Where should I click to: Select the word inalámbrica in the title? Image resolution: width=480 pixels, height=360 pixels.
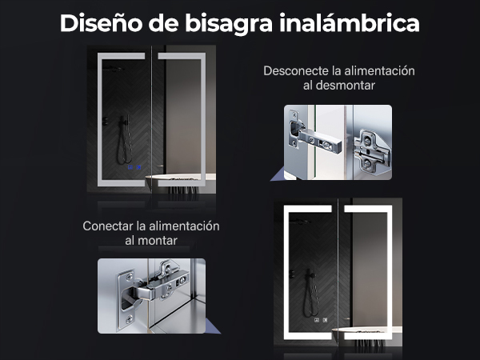[x=350, y=23]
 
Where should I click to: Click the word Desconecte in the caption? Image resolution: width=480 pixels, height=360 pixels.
[x=296, y=71]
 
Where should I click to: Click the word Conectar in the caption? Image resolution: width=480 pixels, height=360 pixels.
[x=107, y=226]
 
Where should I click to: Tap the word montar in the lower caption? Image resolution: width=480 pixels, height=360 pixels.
[x=158, y=241]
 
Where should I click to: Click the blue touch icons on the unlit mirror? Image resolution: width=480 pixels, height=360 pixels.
[x=134, y=167]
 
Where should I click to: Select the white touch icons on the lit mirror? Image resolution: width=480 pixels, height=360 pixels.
[x=321, y=320]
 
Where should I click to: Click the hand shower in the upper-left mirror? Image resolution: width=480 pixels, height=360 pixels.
[x=125, y=140]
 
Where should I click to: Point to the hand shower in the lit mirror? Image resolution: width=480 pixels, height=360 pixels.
[x=311, y=293]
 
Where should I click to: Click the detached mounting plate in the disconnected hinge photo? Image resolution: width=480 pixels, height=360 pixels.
[x=372, y=152]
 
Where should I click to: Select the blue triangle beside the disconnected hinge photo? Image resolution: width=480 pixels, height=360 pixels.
[x=278, y=175]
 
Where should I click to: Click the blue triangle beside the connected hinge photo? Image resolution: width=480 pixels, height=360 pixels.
[x=213, y=326]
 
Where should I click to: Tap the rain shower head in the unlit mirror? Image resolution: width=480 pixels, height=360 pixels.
[x=114, y=69]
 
